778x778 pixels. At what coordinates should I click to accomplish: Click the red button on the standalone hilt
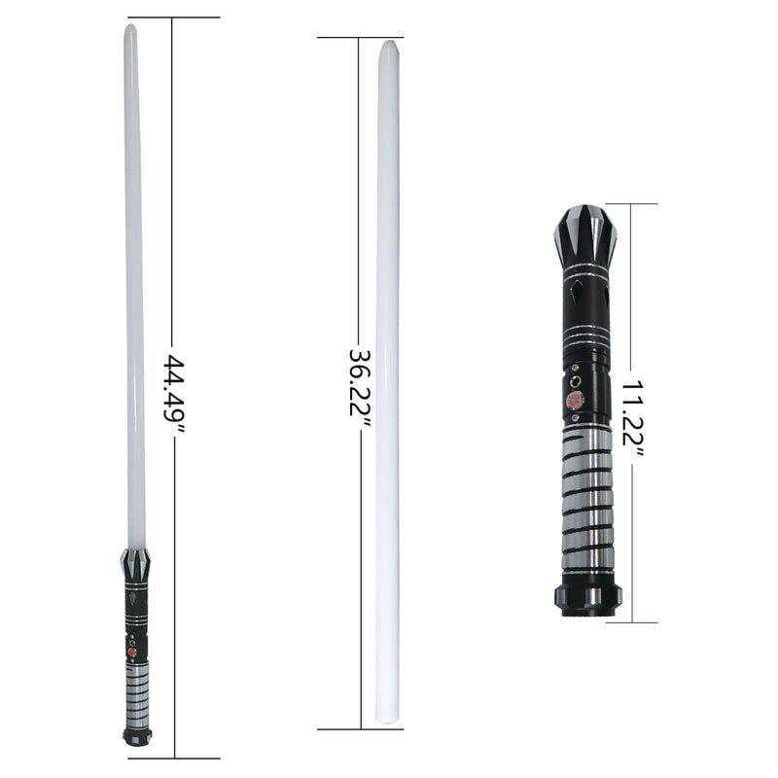pyautogui.click(x=575, y=399)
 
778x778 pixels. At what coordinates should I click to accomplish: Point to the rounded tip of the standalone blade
pyautogui.click(x=387, y=46)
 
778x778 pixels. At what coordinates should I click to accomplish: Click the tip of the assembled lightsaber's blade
pyautogui.click(x=130, y=30)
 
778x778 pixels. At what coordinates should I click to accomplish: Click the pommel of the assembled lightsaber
pyautogui.click(x=135, y=734)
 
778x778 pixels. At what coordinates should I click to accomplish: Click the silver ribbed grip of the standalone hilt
pyautogui.click(x=587, y=496)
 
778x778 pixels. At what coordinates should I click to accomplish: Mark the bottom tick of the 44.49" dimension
pyautogui.click(x=174, y=758)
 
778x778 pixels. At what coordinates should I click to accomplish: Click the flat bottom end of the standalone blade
pyautogui.click(x=388, y=721)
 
